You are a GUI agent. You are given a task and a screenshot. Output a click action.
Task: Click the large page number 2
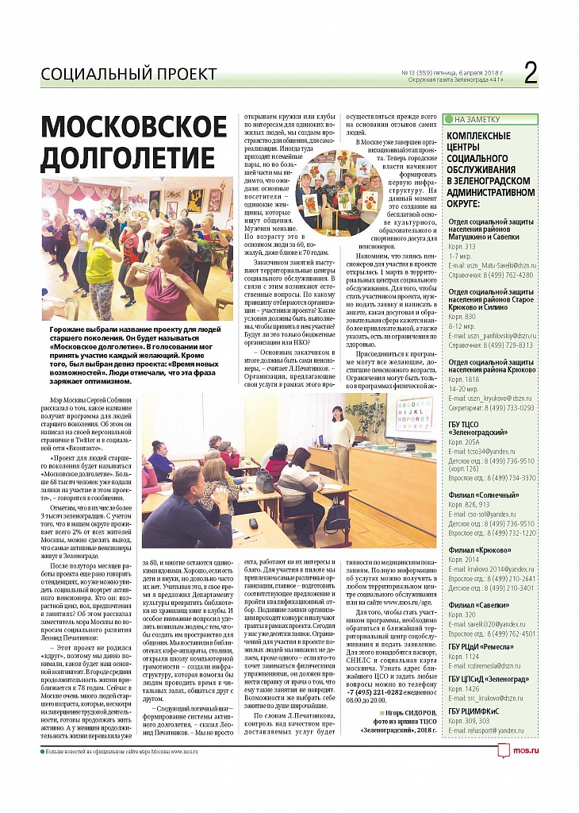[x=531, y=73]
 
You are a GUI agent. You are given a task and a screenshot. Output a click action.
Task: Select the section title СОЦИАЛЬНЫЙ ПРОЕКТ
[x=128, y=75]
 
